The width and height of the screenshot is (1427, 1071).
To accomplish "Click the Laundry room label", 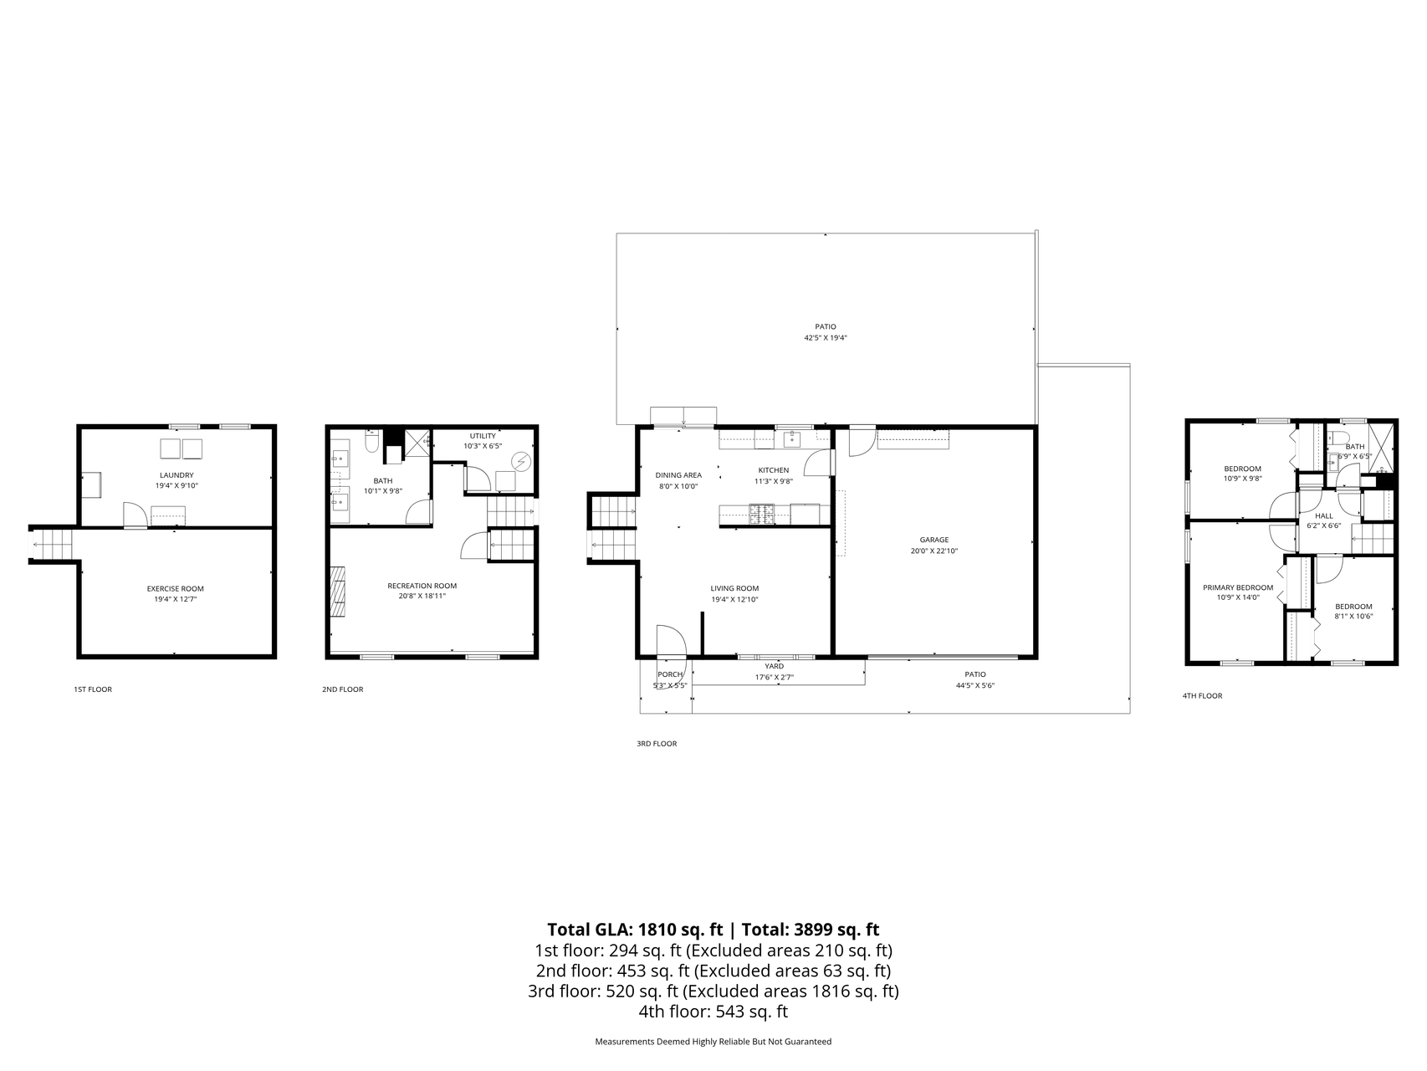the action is (x=176, y=475).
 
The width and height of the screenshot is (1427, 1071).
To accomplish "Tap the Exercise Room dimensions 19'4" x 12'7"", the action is (x=176, y=599).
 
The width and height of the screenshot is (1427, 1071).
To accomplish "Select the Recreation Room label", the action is (x=422, y=586).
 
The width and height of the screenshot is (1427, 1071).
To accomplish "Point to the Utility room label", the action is (x=483, y=436).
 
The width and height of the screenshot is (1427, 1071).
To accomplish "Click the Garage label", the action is (x=934, y=540).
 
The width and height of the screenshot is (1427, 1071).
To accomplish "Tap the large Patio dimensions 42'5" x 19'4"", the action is (x=826, y=338).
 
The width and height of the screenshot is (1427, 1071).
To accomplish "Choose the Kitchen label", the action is (x=774, y=470).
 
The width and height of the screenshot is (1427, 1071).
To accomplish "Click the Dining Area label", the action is (x=678, y=475).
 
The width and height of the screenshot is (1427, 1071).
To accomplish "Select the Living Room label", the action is (x=735, y=588).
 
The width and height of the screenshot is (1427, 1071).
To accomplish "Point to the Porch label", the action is (x=670, y=674).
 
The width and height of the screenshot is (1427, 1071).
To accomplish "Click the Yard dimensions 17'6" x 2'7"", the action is (x=775, y=678).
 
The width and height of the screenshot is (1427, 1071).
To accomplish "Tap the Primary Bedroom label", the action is (x=1238, y=587).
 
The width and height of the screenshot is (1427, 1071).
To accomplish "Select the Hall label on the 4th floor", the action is (x=1324, y=515).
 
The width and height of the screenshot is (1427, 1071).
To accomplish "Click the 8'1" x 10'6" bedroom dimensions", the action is (x=1353, y=617).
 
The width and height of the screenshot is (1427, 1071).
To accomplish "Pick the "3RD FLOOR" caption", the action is (x=657, y=744).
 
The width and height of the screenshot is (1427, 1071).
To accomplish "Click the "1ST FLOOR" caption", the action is (x=93, y=689).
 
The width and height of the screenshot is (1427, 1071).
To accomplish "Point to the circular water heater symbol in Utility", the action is (x=522, y=461).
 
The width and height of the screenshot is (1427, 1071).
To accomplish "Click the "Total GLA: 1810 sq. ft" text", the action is (x=635, y=930).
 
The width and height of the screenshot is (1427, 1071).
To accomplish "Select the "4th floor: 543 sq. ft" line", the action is (x=713, y=1012).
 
